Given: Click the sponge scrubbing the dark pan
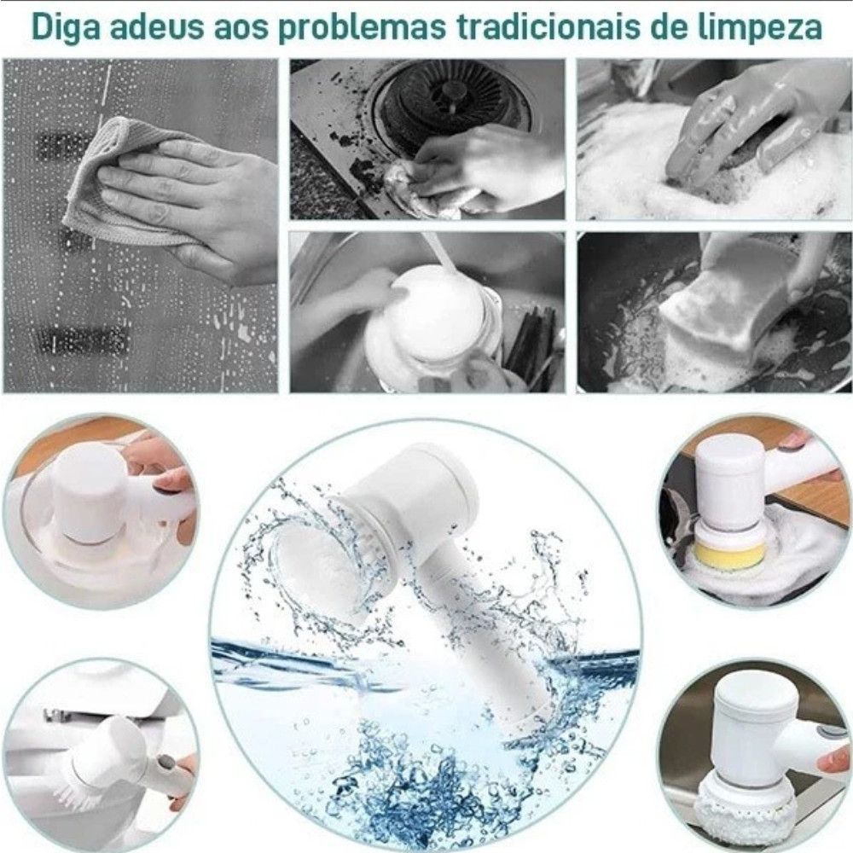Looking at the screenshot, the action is point(734,310).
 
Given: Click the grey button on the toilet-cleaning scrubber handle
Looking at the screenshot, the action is point(163,763).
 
